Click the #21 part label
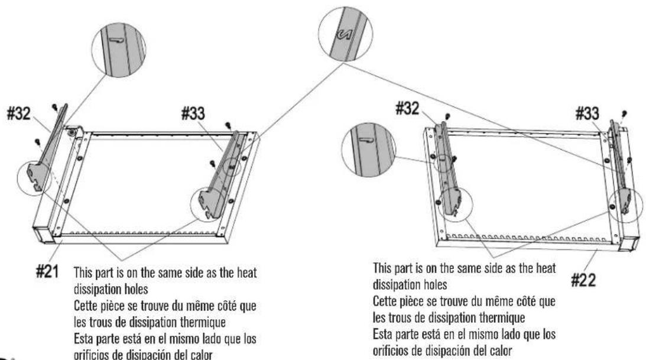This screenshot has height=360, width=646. [47, 271]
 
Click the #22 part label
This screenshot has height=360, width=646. [583, 281]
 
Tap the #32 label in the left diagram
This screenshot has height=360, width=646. [19, 113]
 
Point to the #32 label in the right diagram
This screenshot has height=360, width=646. [407, 109]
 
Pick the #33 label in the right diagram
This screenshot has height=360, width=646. [587, 113]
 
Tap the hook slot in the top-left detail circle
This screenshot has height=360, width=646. [116, 40]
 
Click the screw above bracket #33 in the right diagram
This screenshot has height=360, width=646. [624, 113]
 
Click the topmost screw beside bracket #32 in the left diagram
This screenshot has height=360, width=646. [55, 108]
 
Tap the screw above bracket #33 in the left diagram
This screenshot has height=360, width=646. [228, 124]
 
